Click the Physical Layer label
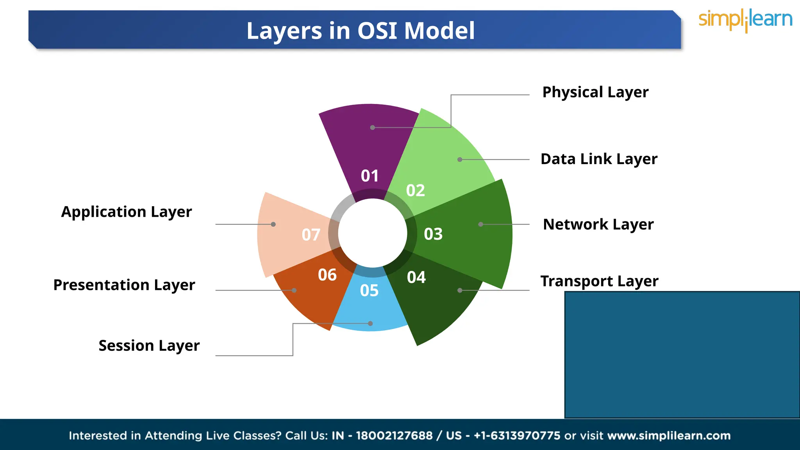coord(595,93)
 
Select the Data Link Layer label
coord(599,159)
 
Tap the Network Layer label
coord(598,225)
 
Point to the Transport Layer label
coord(599,281)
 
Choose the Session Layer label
coord(149,346)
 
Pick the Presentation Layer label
coord(124,285)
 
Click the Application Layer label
coord(127,212)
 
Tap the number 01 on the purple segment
coord(370,176)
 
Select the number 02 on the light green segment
coord(415,191)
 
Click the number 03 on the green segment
coord(433,234)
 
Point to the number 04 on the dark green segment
coord(416,277)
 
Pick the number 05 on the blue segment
coord(369,291)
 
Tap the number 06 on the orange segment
coord(327,275)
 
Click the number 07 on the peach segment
coord(311,235)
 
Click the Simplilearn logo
coord(745,20)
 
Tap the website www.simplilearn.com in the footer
coord(669,436)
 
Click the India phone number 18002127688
coord(394,436)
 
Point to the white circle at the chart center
coord(372,233)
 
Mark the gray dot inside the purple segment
coord(372,128)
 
